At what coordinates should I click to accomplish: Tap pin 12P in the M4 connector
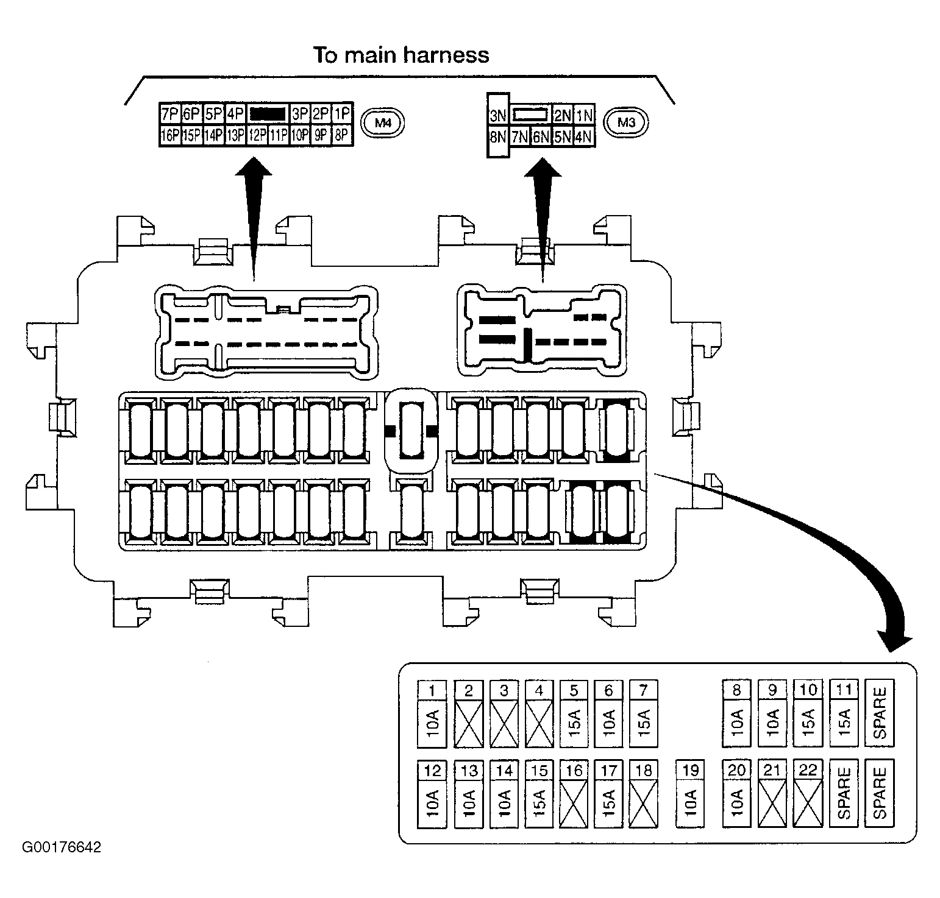257,135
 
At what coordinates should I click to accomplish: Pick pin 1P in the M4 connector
343,114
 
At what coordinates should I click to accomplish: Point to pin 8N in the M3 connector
498,136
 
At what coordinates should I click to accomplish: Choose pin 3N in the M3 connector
498,115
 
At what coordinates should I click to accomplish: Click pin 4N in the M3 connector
583,136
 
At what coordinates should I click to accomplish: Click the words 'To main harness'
401,55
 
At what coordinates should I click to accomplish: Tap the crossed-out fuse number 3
504,713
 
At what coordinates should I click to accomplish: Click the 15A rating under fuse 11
844,723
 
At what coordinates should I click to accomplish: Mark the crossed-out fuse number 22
808,793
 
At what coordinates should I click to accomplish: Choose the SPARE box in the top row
880,713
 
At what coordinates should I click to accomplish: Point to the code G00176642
62,847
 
